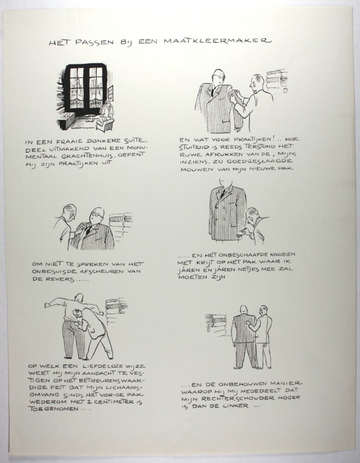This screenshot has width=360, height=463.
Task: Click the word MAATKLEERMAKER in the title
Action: tap(217, 41)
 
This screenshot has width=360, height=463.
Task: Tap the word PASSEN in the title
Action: tap(95, 42)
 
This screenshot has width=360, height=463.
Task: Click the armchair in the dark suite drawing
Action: tap(105, 124)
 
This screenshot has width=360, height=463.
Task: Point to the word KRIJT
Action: tap(205, 262)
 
